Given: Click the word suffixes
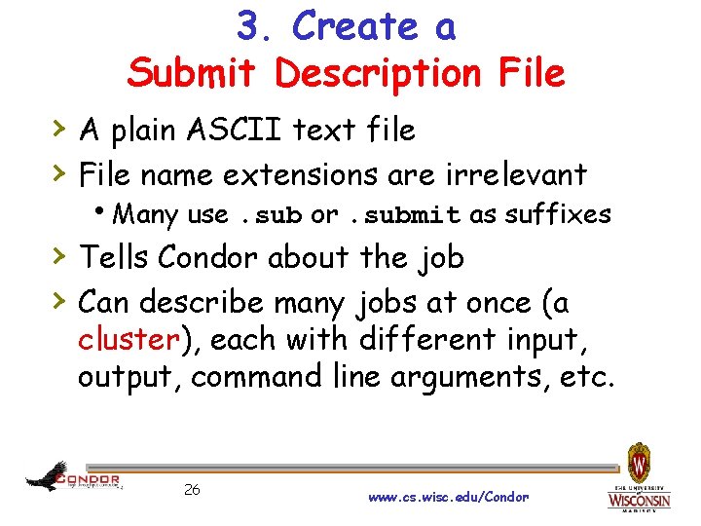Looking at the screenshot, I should (557, 214).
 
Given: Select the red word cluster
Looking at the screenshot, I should (129, 340).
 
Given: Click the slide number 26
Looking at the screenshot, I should (192, 489).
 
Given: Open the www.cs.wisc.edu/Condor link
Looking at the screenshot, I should (449, 497).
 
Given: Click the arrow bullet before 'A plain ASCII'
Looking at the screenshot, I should (59, 129).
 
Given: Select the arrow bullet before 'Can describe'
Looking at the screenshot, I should (59, 302).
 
